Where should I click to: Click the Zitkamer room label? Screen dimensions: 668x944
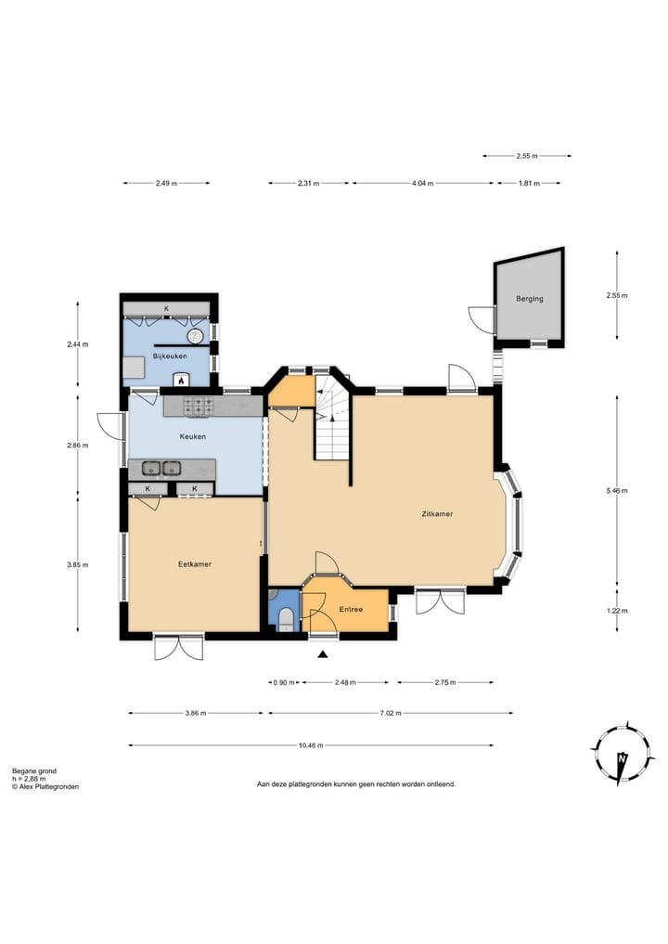tap(437, 514)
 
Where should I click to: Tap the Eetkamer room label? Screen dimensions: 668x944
tap(195, 564)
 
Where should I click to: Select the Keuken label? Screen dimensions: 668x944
tap(193, 436)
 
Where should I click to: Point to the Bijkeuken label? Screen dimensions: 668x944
tap(170, 356)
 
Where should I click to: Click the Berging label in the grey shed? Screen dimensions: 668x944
tap(530, 299)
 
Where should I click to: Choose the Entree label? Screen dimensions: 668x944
tap(351, 609)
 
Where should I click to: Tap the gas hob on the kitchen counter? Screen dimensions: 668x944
tap(198, 406)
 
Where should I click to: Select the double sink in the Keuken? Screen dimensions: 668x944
tap(161, 467)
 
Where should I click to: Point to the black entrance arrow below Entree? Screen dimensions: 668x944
tap(323, 655)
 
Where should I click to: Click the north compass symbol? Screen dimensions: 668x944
tap(623, 753)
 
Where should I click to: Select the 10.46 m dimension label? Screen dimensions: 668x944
tap(311, 745)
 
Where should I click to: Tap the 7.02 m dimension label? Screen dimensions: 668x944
tap(390, 713)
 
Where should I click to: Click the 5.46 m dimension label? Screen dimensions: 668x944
tap(617, 491)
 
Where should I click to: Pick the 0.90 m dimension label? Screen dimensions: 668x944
tap(284, 683)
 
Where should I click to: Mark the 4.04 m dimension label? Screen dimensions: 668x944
tap(422, 183)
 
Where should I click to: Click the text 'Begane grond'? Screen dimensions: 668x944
tap(34, 771)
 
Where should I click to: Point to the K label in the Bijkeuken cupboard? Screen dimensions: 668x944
tap(167, 309)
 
